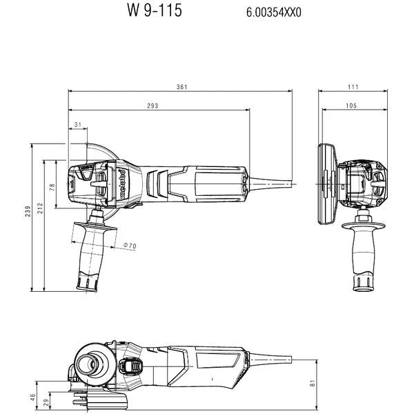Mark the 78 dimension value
pos(52,187)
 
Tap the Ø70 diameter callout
pos(129,246)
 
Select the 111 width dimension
pos(353,88)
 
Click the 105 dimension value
pos(351,106)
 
